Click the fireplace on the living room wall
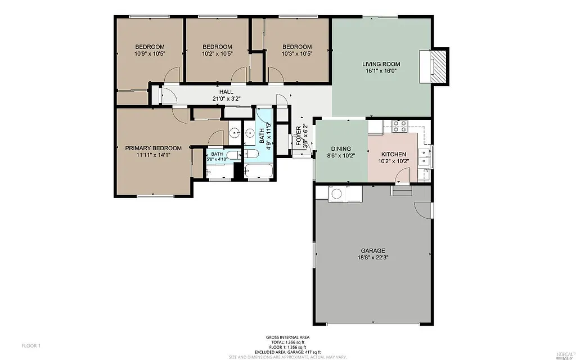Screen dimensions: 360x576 click(x=439, y=66)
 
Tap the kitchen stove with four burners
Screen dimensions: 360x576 click(x=399, y=127)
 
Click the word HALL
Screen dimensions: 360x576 click(x=226, y=92)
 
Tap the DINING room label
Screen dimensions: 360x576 click(x=340, y=150)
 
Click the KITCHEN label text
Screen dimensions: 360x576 click(x=395, y=154)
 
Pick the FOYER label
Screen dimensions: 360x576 click(x=299, y=136)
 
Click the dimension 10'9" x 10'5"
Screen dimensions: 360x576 click(x=150, y=54)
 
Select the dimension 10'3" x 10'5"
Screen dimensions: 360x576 click(x=297, y=54)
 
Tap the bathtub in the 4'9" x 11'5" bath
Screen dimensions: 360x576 click(x=259, y=171)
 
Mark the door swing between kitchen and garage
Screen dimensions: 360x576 click(x=399, y=178)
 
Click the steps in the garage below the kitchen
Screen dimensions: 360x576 click(x=402, y=192)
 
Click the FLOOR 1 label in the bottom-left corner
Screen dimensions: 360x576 click(x=31, y=345)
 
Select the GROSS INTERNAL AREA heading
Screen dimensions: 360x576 click(x=287, y=337)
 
